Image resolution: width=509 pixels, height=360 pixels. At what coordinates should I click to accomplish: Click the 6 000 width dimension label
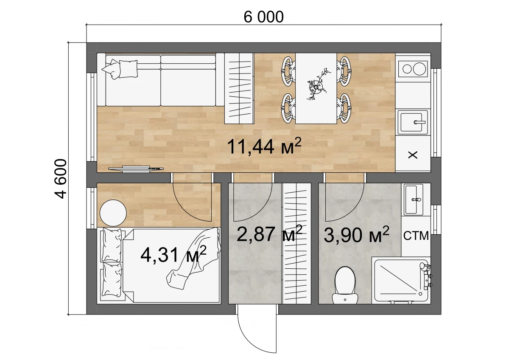[263, 17]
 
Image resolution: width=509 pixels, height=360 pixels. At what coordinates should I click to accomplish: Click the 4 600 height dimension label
[61, 179]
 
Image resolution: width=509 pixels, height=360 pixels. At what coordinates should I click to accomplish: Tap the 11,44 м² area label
[264, 146]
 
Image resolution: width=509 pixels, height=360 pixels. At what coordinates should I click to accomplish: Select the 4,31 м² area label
[173, 254]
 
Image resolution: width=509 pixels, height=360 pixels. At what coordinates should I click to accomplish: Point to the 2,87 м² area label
[269, 233]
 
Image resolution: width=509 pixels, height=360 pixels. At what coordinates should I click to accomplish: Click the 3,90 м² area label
[356, 234]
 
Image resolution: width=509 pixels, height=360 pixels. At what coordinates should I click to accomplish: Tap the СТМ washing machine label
[416, 236]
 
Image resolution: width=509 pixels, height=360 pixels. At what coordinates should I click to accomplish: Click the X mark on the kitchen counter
[413, 155]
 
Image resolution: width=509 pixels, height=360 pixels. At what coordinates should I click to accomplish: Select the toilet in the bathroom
[345, 285]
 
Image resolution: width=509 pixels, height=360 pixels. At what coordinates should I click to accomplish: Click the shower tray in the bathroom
[401, 281]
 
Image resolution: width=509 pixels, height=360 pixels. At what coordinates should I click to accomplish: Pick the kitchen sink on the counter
[412, 122]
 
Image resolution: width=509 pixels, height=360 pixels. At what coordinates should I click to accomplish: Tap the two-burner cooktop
[413, 69]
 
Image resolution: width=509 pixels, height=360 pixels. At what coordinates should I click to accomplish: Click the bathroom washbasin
[413, 200]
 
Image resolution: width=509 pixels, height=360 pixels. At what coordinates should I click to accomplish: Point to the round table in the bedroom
[113, 213]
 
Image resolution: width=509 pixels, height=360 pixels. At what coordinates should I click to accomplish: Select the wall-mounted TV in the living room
[136, 169]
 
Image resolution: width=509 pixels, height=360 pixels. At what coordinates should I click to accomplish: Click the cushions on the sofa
[120, 69]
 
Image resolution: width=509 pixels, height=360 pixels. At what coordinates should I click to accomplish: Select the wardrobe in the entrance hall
[296, 243]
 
